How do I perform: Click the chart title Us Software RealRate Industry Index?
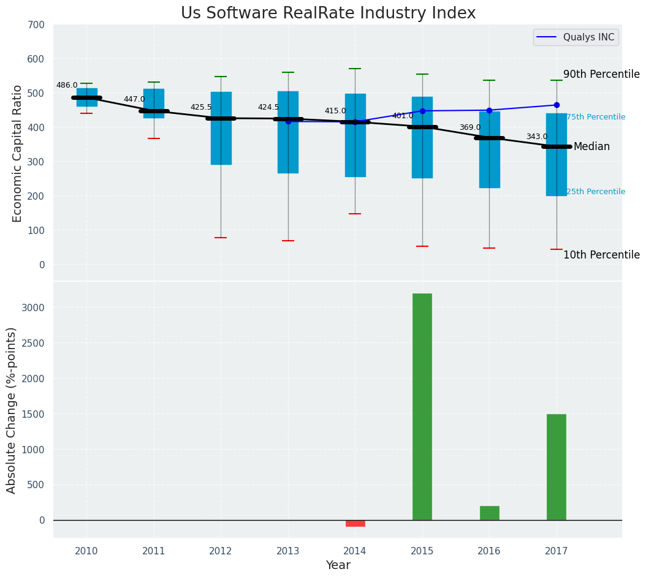328,13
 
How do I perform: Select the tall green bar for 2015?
422,406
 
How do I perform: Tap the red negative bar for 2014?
355,523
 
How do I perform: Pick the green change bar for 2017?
556,467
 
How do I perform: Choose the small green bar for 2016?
489,513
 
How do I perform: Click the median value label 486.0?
67,86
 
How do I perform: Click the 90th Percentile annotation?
601,74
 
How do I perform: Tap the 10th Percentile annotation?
601,255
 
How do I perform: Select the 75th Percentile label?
596,117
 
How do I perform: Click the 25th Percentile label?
596,192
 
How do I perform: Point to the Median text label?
591,147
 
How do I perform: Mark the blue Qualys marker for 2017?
557,105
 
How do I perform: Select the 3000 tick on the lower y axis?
34,307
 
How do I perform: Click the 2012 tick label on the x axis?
221,551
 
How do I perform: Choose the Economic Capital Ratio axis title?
17,153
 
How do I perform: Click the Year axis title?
338,565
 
